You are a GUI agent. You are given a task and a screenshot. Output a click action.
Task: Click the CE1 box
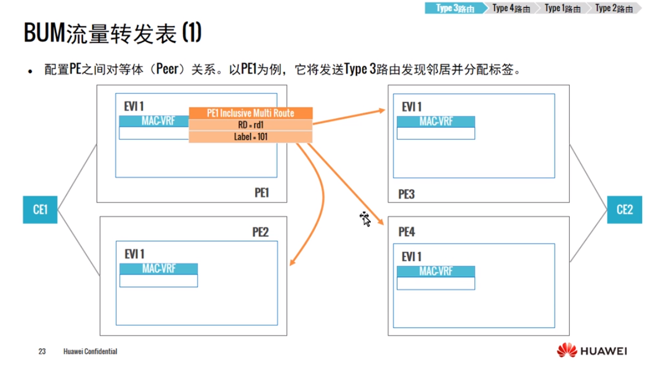click(x=40, y=209)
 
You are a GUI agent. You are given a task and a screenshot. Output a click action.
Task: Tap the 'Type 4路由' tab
click(x=511, y=8)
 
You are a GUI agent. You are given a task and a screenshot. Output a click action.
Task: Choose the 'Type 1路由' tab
click(x=562, y=8)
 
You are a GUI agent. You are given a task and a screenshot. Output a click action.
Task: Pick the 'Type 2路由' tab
click(x=613, y=8)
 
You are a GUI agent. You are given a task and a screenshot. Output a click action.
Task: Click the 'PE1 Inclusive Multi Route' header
click(x=251, y=113)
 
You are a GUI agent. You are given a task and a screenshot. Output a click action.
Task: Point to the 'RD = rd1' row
click(x=251, y=125)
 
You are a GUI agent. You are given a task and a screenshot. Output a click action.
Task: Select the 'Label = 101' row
click(x=251, y=137)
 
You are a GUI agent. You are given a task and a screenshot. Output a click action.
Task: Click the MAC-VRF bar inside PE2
click(x=159, y=268)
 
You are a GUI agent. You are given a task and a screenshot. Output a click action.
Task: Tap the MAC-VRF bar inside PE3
click(x=436, y=122)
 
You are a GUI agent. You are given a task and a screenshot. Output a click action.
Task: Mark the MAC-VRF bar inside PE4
click(x=436, y=271)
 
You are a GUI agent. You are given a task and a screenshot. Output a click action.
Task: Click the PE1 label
click(x=262, y=193)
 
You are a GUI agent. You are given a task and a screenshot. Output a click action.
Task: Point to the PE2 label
click(x=260, y=233)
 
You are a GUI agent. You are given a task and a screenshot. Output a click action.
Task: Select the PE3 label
click(x=407, y=194)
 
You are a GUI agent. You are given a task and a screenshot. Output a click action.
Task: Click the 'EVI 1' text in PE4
click(x=411, y=256)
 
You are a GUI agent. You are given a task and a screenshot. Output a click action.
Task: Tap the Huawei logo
click(x=592, y=351)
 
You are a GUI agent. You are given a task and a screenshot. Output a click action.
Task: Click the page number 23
click(x=42, y=351)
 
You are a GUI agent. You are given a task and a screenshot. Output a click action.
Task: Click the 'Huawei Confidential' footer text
click(x=90, y=351)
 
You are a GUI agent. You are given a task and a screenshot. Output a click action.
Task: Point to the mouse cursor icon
click(x=365, y=219)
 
